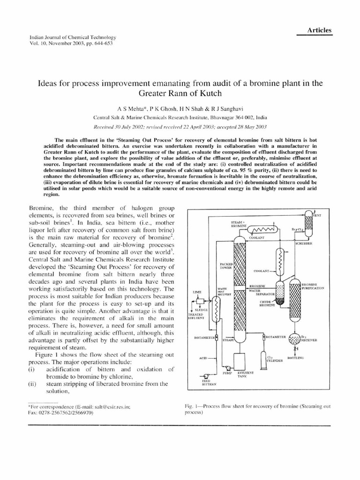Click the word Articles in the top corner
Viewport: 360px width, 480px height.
(319, 30)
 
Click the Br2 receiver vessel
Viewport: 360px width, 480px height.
(295, 339)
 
